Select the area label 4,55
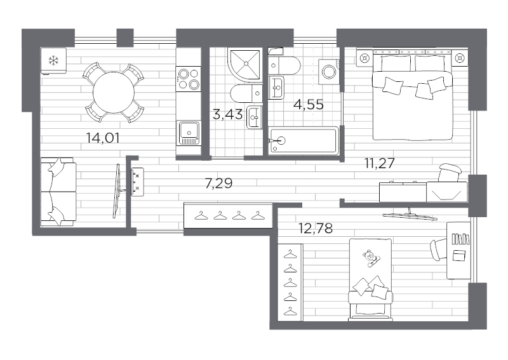(x=308, y=105)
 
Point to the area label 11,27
(x=380, y=163)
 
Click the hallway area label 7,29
(x=218, y=184)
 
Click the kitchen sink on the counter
(x=189, y=131)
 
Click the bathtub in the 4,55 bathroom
(x=303, y=140)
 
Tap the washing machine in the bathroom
(x=330, y=69)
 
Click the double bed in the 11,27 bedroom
(x=412, y=95)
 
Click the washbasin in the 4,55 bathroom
(x=277, y=87)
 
